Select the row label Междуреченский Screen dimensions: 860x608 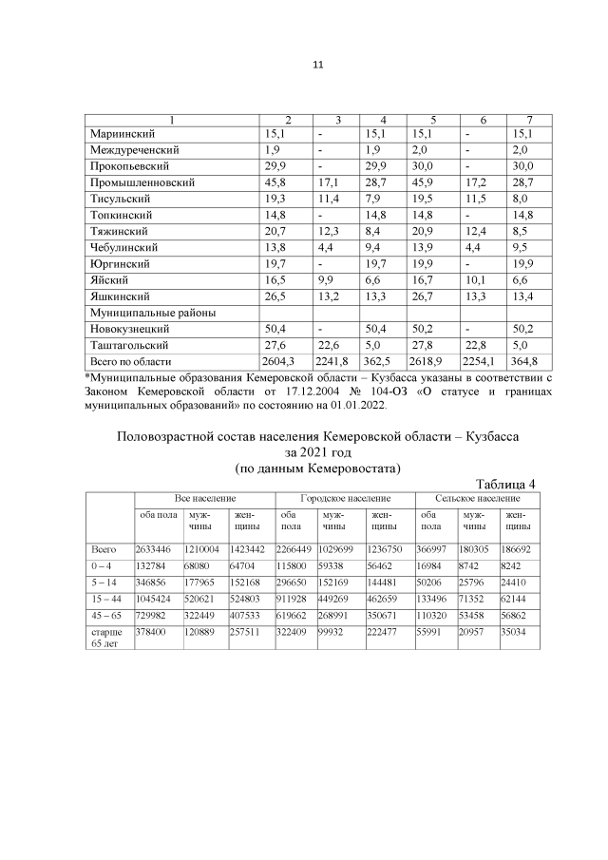[134, 150]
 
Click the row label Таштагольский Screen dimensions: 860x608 [128, 346]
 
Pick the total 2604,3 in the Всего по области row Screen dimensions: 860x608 [281, 362]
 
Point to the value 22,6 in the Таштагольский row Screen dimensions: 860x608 [329, 346]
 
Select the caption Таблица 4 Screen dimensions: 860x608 [504, 484]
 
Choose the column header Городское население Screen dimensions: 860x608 [345, 498]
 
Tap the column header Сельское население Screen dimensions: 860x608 [477, 498]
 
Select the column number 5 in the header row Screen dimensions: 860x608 [432, 119]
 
